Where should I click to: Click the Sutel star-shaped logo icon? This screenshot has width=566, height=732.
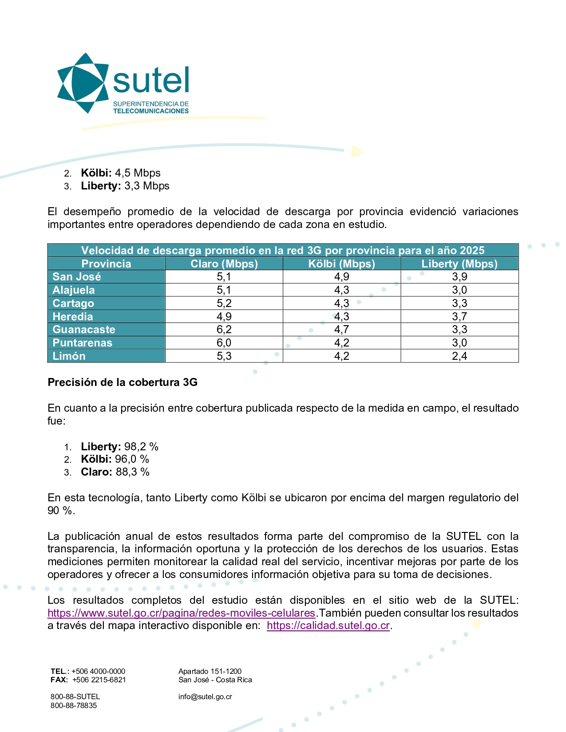pyautogui.click(x=83, y=83)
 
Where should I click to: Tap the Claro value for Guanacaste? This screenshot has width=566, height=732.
pyautogui.click(x=224, y=330)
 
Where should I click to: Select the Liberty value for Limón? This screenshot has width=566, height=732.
pyautogui.click(x=459, y=356)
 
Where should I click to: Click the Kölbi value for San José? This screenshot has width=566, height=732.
pyautogui.click(x=341, y=277)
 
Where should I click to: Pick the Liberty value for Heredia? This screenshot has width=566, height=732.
pyautogui.click(x=459, y=317)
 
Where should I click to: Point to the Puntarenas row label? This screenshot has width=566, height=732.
pyautogui.click(x=83, y=343)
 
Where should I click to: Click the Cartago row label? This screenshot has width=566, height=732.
pyautogui.click(x=73, y=303)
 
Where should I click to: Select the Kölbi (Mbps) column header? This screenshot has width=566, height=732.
pyautogui.click(x=341, y=264)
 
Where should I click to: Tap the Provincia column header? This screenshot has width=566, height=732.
pyautogui.click(x=106, y=264)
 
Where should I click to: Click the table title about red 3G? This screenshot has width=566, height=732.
pyautogui.click(x=283, y=251)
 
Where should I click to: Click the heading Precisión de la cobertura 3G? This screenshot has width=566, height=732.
pyautogui.click(x=123, y=382)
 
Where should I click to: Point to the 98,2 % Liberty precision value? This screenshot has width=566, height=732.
pyautogui.click(x=141, y=447)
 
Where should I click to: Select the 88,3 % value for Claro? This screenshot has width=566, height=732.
pyautogui.click(x=133, y=472)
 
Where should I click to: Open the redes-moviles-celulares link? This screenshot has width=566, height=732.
pyautogui.click(x=181, y=613)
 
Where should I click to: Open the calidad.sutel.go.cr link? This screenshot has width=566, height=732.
pyautogui.click(x=328, y=626)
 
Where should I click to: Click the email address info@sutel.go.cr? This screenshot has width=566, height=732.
pyautogui.click(x=205, y=697)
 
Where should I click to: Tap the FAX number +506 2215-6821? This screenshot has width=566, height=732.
pyautogui.click(x=99, y=680)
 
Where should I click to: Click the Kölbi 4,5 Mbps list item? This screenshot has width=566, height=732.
pyautogui.click(x=120, y=173)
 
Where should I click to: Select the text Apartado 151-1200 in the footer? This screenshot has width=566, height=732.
pyautogui.click(x=210, y=671)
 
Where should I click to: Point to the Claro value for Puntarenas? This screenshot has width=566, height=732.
pyautogui.click(x=224, y=343)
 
